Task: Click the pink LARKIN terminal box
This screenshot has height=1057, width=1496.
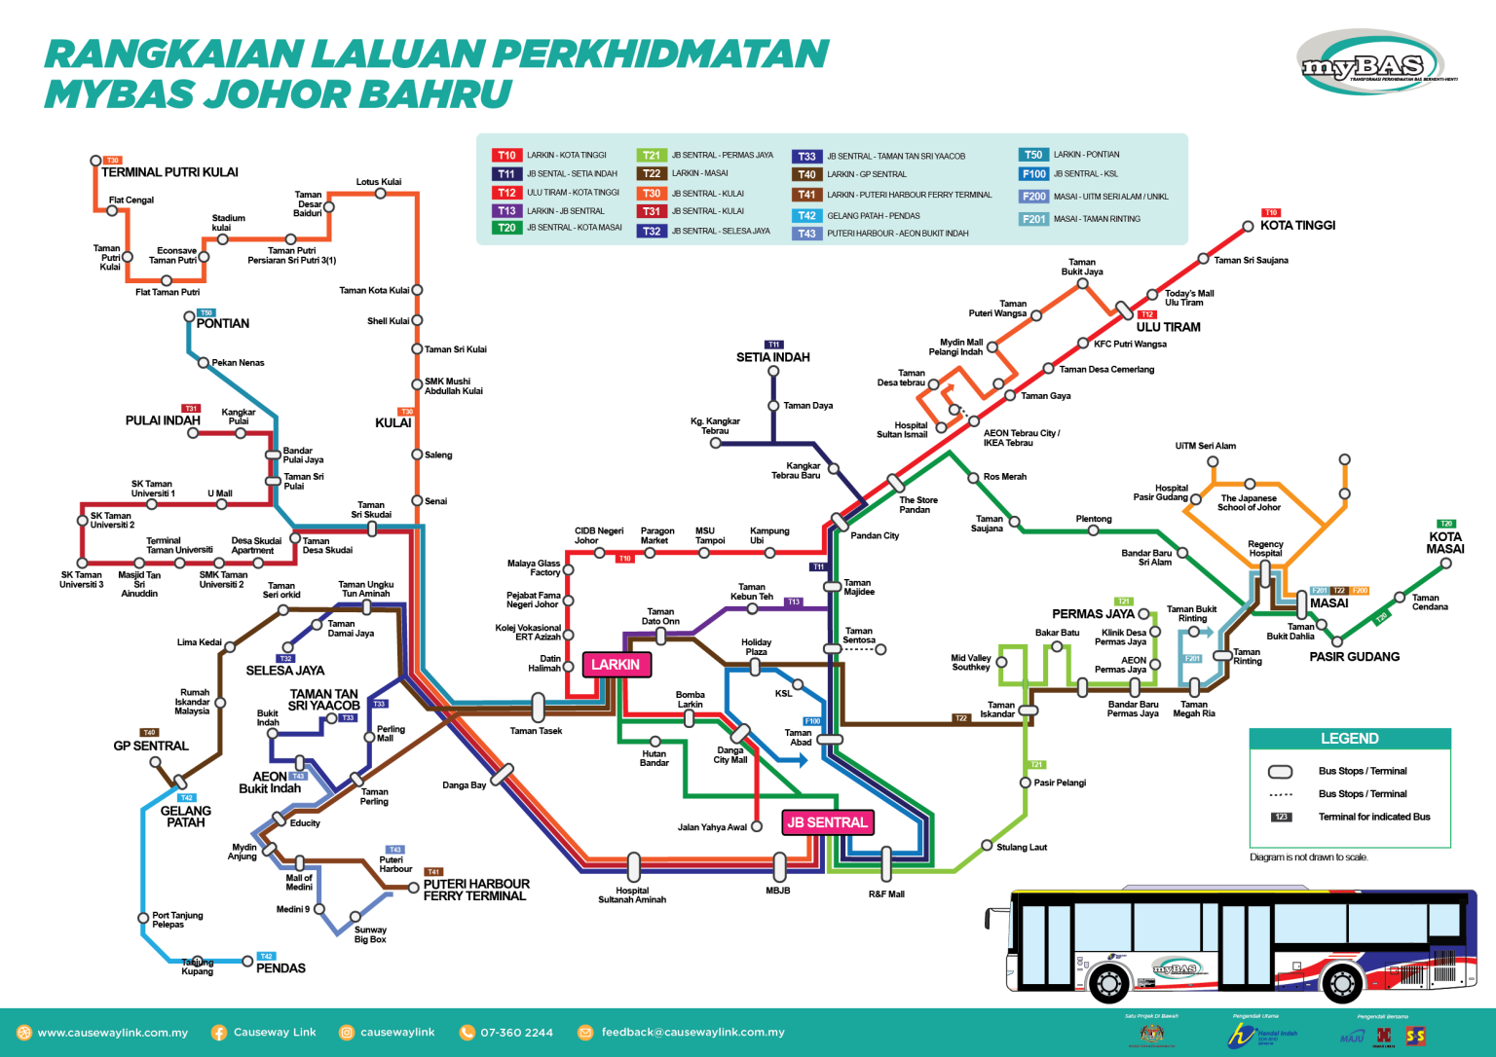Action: (616, 665)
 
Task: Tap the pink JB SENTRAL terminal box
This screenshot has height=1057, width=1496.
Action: (827, 822)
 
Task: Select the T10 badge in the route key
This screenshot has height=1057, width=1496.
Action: (506, 156)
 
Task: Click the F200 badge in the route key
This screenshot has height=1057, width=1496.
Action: (1033, 197)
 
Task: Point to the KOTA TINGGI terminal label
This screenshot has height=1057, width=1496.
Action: (1297, 226)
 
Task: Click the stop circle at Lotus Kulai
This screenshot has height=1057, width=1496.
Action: (380, 194)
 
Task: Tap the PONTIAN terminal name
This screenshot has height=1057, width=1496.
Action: (223, 324)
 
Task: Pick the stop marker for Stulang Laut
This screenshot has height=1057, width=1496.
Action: (987, 846)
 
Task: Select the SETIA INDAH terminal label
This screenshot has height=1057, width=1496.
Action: (772, 357)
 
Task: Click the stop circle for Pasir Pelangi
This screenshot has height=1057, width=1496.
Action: (1025, 783)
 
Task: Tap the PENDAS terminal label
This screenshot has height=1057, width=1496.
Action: (280, 968)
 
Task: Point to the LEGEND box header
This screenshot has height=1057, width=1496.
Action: (1349, 739)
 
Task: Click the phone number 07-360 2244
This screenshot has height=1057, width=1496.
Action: (516, 1033)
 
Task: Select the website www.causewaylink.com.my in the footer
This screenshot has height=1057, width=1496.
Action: (112, 1033)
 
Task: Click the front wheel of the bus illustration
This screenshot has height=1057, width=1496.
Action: (1108, 983)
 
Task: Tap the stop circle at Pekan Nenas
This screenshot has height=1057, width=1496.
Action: (204, 363)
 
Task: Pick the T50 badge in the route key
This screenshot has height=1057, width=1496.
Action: (1032, 155)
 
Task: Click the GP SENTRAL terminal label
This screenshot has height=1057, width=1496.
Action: (151, 747)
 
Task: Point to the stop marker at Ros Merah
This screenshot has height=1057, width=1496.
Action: (972, 478)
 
